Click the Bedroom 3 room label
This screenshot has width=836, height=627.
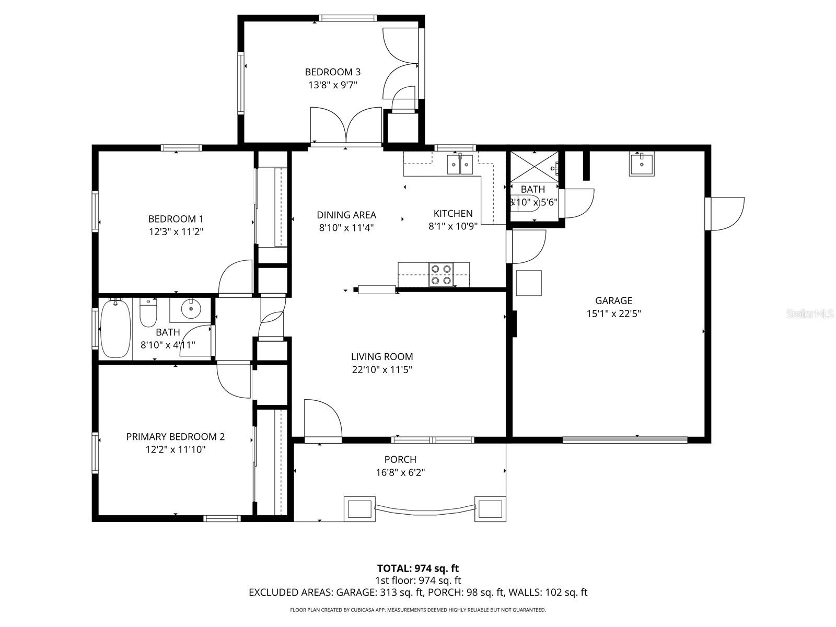click(332, 72)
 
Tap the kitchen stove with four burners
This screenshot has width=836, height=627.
click(440, 275)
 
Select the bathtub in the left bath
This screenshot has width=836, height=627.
click(115, 328)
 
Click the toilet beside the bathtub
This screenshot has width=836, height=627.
click(148, 312)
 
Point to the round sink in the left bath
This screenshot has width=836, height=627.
click(191, 309)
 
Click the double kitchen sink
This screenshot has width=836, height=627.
click(460, 165)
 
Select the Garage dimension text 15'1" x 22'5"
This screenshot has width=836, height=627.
click(613, 313)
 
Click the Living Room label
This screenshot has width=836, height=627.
click(382, 357)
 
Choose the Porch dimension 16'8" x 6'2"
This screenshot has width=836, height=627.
click(400, 472)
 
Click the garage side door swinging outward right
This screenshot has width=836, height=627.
click(726, 213)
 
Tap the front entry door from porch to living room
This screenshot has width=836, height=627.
click(322, 421)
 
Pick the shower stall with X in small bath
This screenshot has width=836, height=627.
click(533, 167)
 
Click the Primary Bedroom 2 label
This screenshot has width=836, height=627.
click(176, 437)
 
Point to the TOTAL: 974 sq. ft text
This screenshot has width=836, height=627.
click(418, 568)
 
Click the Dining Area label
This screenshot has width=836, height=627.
click(346, 215)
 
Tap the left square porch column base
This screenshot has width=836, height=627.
click(359, 508)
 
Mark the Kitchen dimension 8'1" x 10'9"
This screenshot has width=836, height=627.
click(453, 226)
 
